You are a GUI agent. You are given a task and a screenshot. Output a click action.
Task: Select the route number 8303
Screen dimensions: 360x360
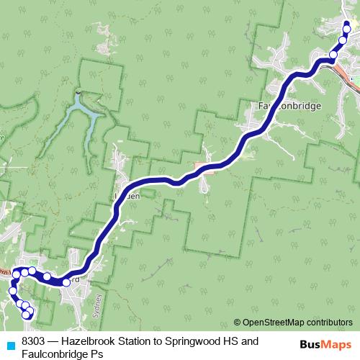(34, 340)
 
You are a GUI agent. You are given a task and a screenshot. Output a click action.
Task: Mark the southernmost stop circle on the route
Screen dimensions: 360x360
(29, 314)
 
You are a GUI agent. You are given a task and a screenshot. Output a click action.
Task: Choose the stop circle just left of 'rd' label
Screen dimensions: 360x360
(66, 282)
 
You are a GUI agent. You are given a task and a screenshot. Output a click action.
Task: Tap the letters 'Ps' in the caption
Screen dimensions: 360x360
(96, 354)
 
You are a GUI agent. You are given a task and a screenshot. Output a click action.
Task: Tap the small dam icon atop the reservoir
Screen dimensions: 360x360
(78, 92)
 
